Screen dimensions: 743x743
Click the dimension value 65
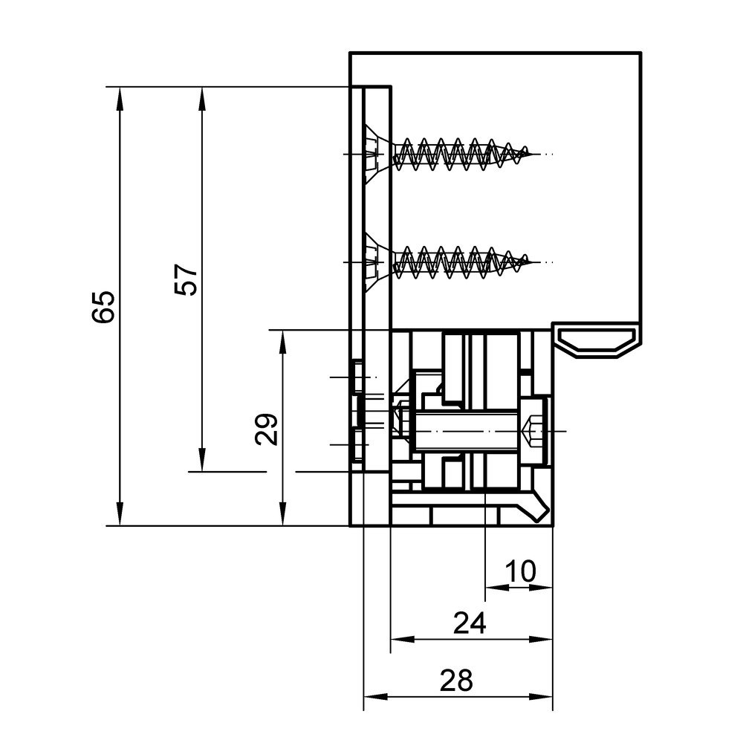click(x=105, y=306)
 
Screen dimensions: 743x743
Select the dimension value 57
click(x=188, y=279)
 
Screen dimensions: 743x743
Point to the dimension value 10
click(x=521, y=571)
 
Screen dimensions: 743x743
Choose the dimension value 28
click(x=455, y=681)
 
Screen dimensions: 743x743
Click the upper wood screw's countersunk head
click(x=376, y=154)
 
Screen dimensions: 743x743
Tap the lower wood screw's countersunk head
click(x=376, y=262)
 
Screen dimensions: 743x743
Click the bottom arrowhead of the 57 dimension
click(x=201, y=463)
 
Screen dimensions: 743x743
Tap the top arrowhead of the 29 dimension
click(x=282, y=339)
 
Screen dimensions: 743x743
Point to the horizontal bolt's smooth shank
click(x=468, y=431)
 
